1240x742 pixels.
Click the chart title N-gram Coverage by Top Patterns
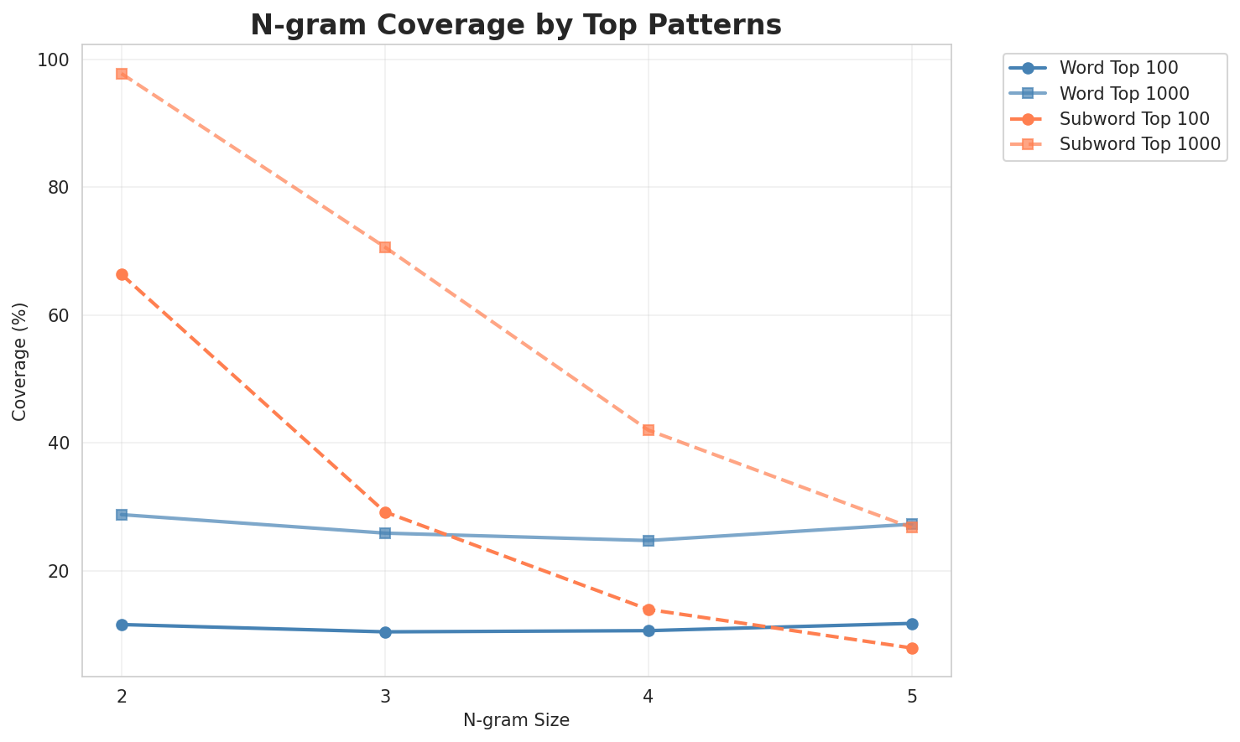(x=516, y=25)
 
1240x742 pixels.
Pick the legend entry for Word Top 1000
(x=1124, y=92)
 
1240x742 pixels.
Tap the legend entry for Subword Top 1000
(x=1139, y=143)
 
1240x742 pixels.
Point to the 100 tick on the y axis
(x=58, y=60)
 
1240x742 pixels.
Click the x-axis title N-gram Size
(x=516, y=720)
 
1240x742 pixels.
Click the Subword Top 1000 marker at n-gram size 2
(x=122, y=74)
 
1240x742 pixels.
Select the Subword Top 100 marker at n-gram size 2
(x=122, y=274)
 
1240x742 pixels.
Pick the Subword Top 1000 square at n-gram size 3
(x=385, y=247)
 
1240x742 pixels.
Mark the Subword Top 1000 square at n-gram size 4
(x=649, y=430)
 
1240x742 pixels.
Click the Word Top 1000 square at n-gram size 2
(x=122, y=515)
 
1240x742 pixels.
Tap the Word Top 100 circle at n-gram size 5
(x=912, y=624)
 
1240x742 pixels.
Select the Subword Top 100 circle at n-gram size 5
(x=912, y=648)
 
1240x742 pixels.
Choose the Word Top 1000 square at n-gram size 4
(x=649, y=541)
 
